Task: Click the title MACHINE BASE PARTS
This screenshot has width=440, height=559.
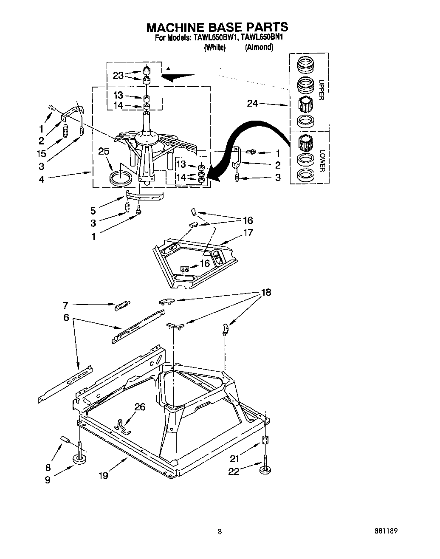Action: coord(217,27)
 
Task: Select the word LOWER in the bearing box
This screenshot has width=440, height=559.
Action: coord(322,161)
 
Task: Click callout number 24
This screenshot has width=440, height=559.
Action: coord(252,103)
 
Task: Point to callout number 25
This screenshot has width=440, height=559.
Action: coord(104,151)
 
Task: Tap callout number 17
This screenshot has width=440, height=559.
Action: coord(248,232)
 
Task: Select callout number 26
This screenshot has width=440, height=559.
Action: coord(140,407)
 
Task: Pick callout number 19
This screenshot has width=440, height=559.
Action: coord(103,475)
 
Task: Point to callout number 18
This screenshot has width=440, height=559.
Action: coord(266,292)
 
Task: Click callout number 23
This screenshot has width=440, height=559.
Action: coord(118,75)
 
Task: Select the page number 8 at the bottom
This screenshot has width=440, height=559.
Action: coord(220,531)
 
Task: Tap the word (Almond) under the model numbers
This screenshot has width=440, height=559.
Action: coord(259,47)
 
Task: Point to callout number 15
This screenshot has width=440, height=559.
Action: coord(42,153)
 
